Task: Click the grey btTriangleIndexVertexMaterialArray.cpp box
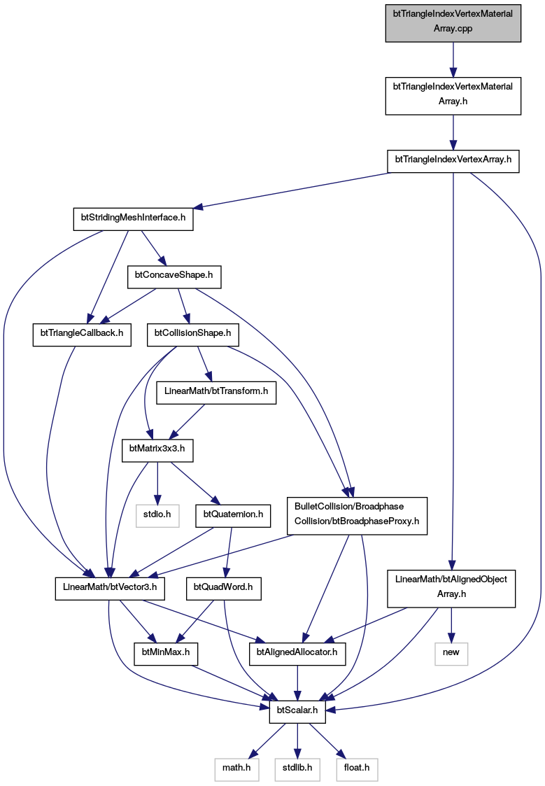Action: tap(453, 23)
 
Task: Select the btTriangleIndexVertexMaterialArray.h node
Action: tap(453, 96)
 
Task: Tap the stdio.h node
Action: tap(157, 515)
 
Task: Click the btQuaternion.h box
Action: tap(233, 515)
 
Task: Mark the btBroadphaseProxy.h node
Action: tap(358, 516)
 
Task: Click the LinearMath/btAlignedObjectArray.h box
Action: tap(451, 589)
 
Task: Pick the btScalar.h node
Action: tap(297, 711)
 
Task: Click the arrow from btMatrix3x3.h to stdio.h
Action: tap(157, 483)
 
